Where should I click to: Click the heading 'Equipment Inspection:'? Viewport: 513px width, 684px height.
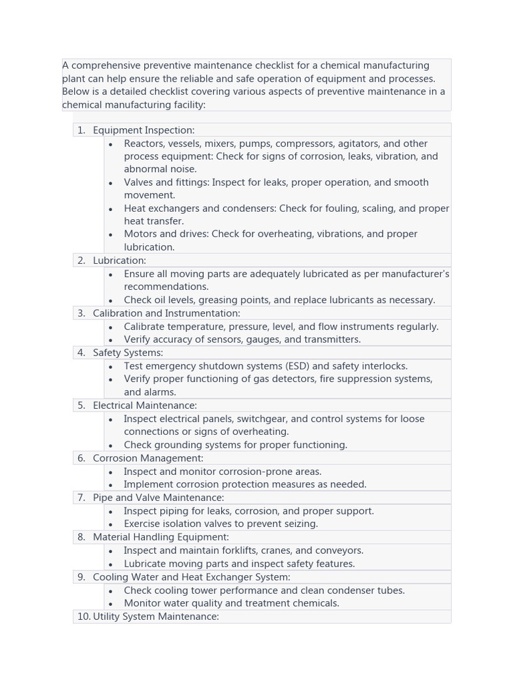[144, 130]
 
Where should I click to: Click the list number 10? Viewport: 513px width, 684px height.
[83, 617]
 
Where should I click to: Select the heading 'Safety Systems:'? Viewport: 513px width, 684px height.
[128, 353]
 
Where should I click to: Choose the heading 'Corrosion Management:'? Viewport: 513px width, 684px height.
[148, 458]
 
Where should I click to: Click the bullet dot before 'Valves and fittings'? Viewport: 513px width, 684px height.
[111, 183]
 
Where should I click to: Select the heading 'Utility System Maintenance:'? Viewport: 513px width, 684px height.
[156, 617]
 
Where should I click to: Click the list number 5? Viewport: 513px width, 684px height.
[81, 405]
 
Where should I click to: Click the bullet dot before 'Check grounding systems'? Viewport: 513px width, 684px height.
[111, 446]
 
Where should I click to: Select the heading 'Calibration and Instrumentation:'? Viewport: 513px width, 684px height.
[166, 313]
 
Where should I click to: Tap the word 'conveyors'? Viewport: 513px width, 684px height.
[339, 550]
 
